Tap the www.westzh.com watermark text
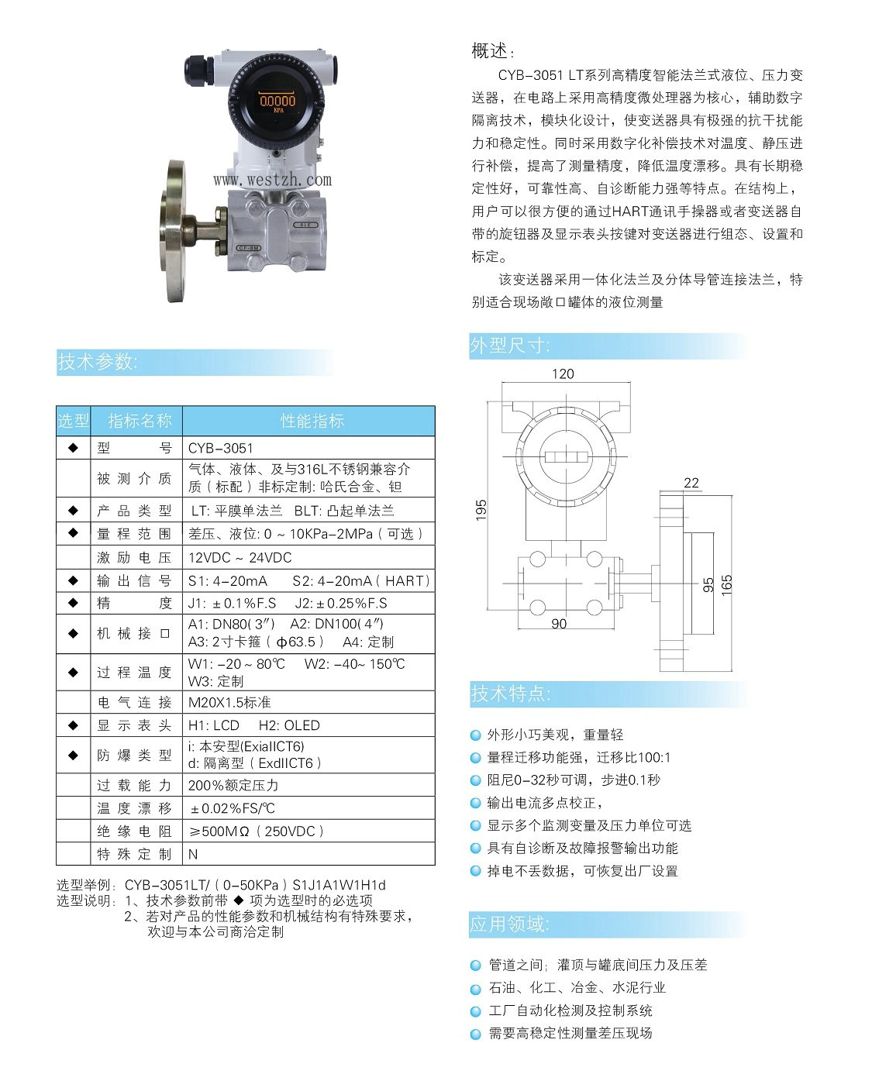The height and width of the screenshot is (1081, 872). click(272, 180)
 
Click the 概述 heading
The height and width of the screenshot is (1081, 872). click(491, 51)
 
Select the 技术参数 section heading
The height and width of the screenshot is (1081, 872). click(98, 362)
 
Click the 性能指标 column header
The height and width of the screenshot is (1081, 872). click(312, 421)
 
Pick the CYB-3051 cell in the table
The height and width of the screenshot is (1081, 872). click(221, 448)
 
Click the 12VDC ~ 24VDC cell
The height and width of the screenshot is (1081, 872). click(240, 557)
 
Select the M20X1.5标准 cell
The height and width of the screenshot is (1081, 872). click(229, 702)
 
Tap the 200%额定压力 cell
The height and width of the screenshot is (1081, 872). click(233, 784)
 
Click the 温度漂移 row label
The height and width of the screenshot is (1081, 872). click(134, 808)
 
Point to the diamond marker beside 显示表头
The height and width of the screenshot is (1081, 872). click(74, 725)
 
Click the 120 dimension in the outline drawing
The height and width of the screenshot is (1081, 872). click(563, 374)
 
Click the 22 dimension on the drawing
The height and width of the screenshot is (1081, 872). click(691, 483)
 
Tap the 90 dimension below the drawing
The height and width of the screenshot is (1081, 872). click(558, 624)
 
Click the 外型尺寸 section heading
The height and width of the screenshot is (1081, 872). click(510, 346)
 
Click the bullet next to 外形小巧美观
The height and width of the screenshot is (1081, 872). click(476, 735)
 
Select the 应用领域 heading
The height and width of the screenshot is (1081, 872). click(509, 924)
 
